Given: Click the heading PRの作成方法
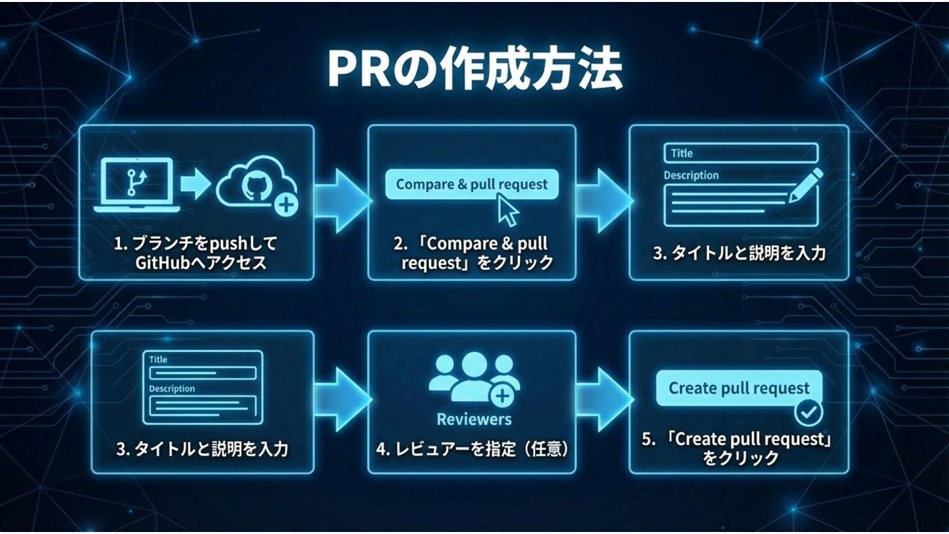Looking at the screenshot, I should (474, 70).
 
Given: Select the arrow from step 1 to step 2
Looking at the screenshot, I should (341, 197).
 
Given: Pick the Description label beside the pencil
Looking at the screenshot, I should (691, 175).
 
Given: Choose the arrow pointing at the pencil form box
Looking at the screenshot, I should (603, 197).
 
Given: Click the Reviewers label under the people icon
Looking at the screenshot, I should (474, 419).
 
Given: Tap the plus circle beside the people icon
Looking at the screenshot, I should (503, 396).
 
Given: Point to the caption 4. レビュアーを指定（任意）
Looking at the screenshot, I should (472, 450).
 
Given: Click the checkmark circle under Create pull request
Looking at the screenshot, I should (808, 413).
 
